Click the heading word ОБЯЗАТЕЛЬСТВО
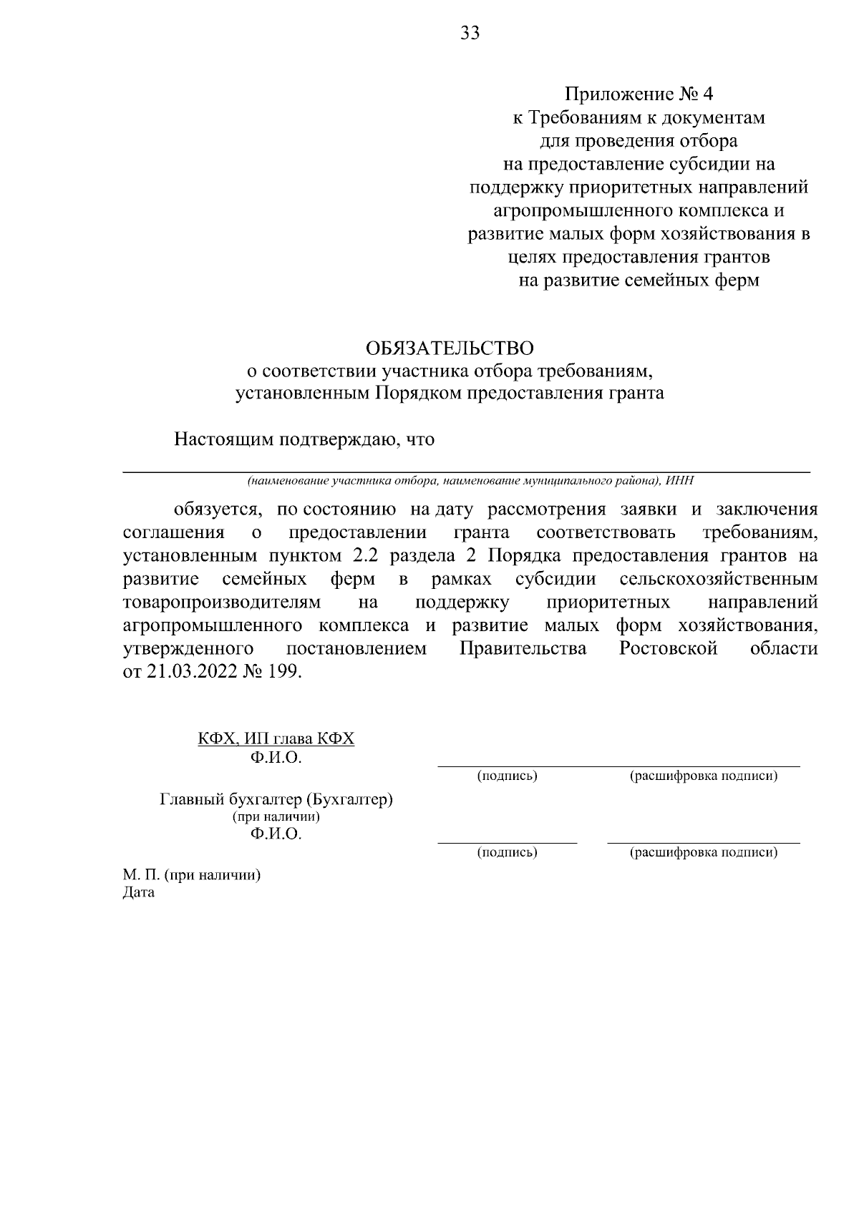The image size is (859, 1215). coord(450,348)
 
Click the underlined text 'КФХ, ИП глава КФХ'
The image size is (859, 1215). coord(276,738)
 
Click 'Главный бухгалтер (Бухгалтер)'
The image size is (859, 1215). coord(276,799)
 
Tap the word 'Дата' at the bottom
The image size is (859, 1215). coord(139,893)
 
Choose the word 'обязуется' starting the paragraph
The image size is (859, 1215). coord(215,509)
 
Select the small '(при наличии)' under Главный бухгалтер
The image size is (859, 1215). coord(276,816)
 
